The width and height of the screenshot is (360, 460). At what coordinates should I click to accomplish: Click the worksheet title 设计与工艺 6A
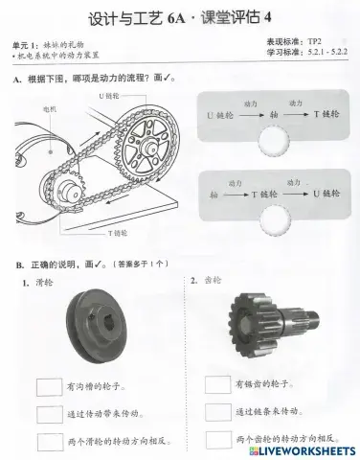tap(144, 19)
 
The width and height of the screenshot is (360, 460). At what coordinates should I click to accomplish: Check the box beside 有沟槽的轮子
tap(50, 388)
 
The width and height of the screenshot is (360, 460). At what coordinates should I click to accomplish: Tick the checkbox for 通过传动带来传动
tap(50, 415)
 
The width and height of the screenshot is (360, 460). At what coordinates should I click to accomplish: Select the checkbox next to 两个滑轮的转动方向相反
tap(50, 441)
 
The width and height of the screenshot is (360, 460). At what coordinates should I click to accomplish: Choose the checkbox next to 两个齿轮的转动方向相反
tap(218, 439)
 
